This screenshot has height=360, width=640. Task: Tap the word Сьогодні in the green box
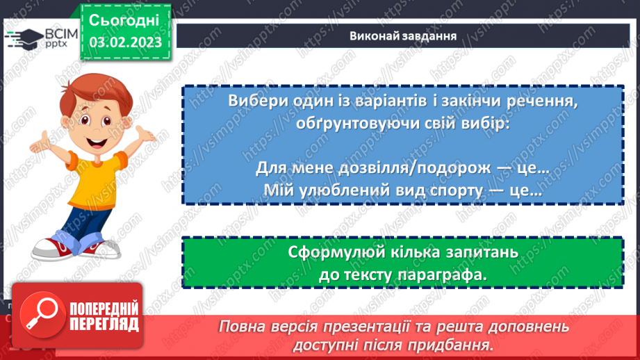tap(125, 19)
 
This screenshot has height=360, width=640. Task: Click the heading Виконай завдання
tap(402, 36)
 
